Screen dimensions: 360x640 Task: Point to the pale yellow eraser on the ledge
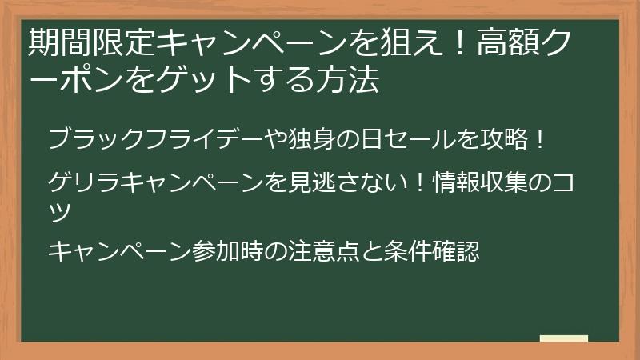click(x=564, y=338)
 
